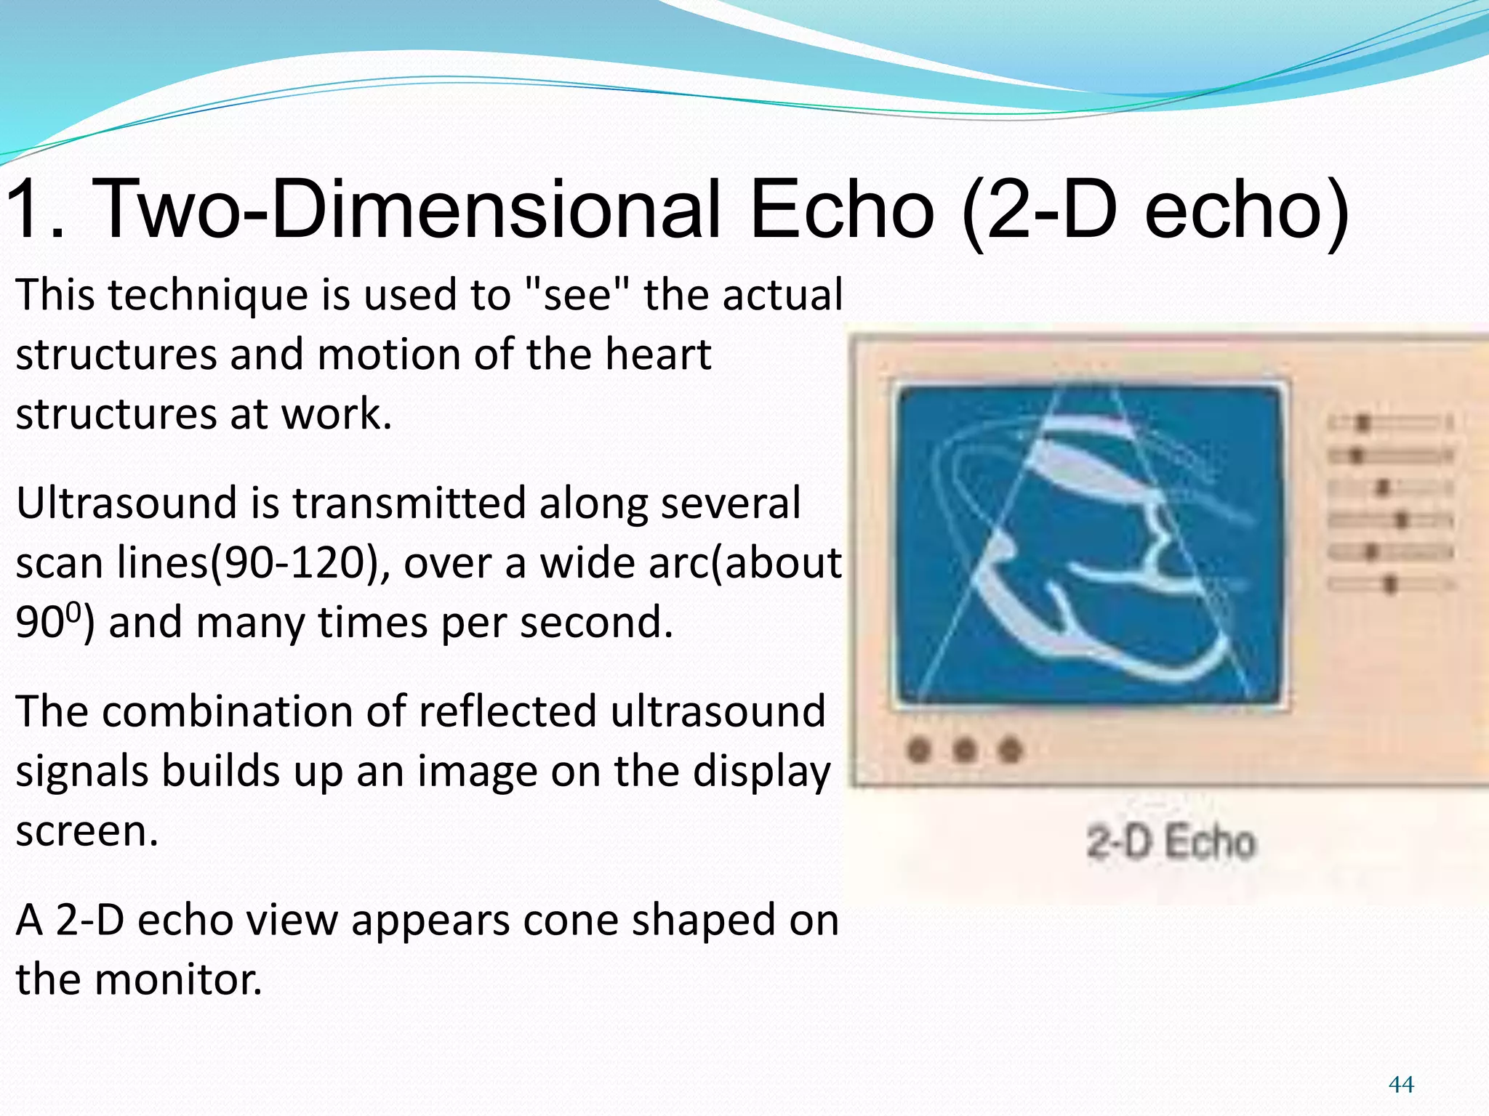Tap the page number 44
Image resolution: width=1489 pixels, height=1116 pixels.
pyautogui.click(x=1400, y=1085)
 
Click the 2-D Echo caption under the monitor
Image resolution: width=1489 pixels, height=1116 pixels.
pyautogui.click(x=1171, y=843)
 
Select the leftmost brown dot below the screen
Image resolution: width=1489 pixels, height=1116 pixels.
pyautogui.click(x=920, y=750)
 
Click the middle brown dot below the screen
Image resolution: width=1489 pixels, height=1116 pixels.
pyautogui.click(x=965, y=750)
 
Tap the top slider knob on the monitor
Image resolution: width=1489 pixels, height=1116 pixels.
pyautogui.click(x=1364, y=423)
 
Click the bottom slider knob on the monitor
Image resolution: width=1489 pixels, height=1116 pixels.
pyautogui.click(x=1390, y=583)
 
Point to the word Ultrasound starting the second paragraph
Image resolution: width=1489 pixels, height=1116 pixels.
pyautogui.click(x=127, y=504)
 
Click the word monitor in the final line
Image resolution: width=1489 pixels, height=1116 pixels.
pyautogui.click(x=178, y=979)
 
